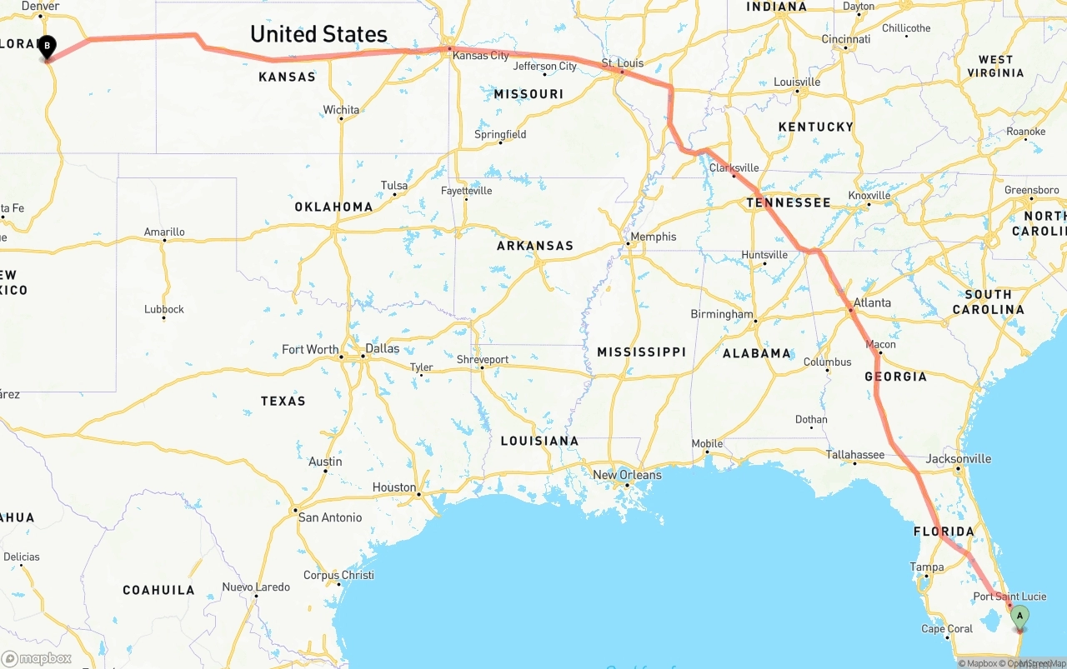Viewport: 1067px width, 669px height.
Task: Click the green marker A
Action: click(x=1019, y=617)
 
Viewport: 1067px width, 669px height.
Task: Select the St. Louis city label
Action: click(x=623, y=63)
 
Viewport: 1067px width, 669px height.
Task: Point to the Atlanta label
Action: click(x=872, y=303)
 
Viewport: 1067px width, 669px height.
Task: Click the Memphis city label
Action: click(x=654, y=237)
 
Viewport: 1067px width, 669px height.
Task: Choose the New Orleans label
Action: click(x=627, y=475)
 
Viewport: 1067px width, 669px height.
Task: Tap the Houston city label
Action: click(x=394, y=487)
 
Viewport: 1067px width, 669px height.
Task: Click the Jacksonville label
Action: click(x=959, y=459)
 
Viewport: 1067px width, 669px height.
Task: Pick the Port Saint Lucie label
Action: click(x=1009, y=597)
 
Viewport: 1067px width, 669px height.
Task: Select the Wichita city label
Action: click(x=341, y=110)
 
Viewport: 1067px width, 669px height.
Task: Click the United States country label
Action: click(x=318, y=34)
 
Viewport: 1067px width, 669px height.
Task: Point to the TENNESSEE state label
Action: click(x=789, y=202)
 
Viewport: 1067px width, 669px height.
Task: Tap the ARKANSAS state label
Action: click(x=535, y=246)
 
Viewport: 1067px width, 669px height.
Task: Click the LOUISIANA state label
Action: click(x=539, y=441)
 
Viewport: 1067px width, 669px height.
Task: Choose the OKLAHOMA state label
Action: click(x=333, y=207)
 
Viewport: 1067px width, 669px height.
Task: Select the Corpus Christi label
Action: click(x=338, y=575)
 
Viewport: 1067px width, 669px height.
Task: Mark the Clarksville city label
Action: click(x=734, y=167)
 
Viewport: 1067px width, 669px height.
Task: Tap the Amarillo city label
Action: click(x=164, y=232)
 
